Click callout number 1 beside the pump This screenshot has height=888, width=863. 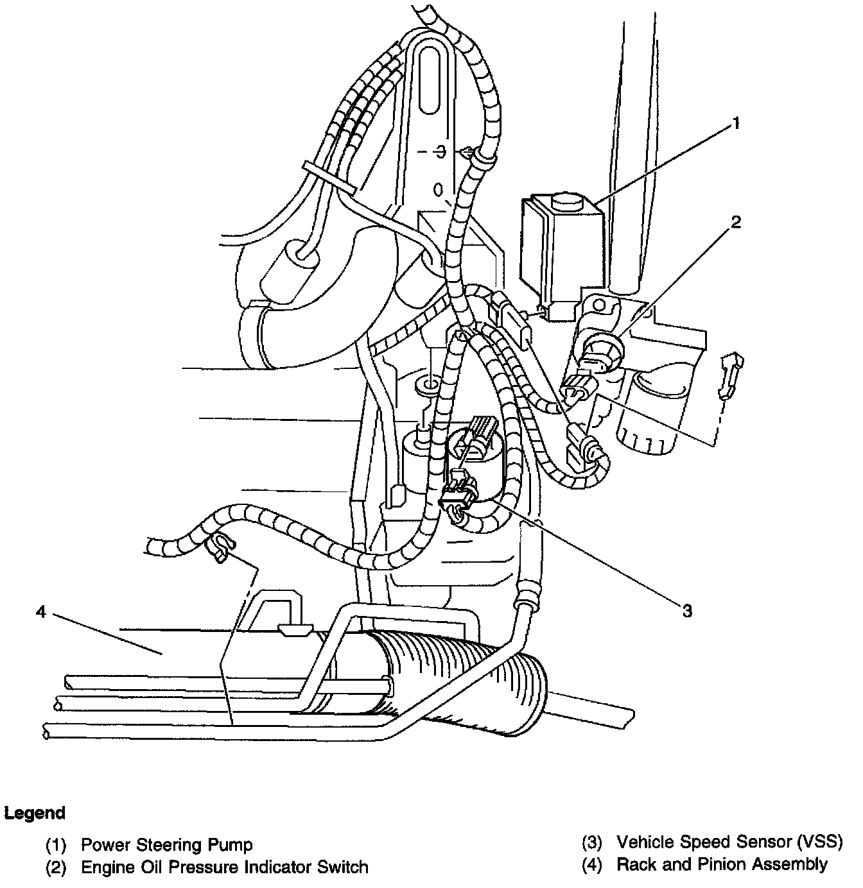[x=737, y=124]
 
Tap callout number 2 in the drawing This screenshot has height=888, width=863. [x=736, y=222]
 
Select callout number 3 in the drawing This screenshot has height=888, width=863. [x=688, y=611]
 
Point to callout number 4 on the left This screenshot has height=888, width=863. [x=41, y=612]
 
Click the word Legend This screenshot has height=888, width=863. [x=35, y=813]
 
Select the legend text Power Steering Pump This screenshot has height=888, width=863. [x=166, y=844]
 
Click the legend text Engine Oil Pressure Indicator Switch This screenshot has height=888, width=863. [x=224, y=867]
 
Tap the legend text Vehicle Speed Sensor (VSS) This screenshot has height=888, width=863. [x=729, y=842]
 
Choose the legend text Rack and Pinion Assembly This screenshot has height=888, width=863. [x=722, y=864]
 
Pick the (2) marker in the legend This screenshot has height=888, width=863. [x=56, y=868]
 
